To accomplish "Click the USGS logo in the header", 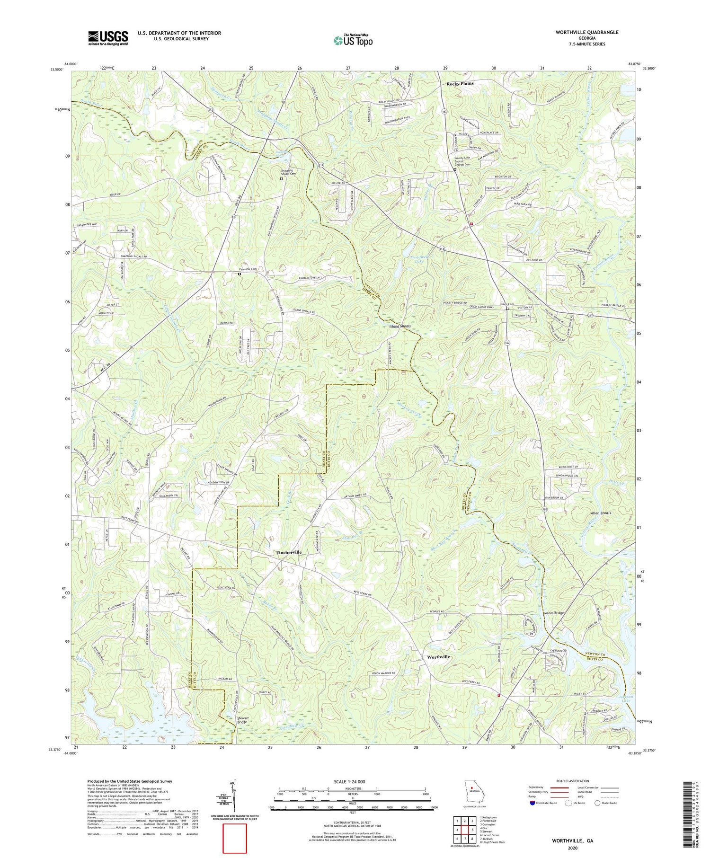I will (x=108, y=38).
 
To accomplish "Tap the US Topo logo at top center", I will (x=353, y=40).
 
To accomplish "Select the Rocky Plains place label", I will (x=460, y=83).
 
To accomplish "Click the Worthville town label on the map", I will (x=438, y=657).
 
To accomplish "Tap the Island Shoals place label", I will (x=399, y=327).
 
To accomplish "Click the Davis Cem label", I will (x=507, y=304).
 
